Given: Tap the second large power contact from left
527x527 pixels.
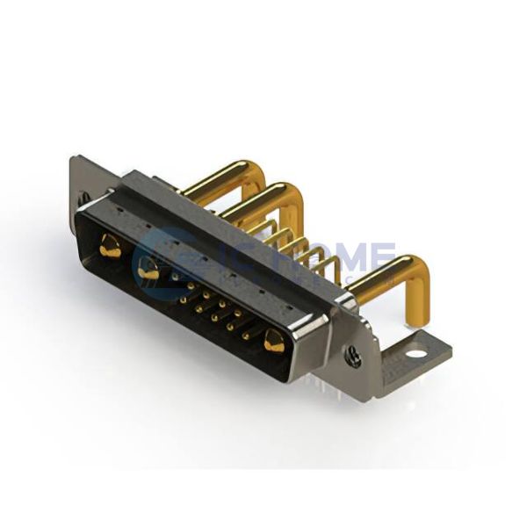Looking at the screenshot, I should [x=148, y=271].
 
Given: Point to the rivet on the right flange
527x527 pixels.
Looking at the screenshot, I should [x=353, y=356].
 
